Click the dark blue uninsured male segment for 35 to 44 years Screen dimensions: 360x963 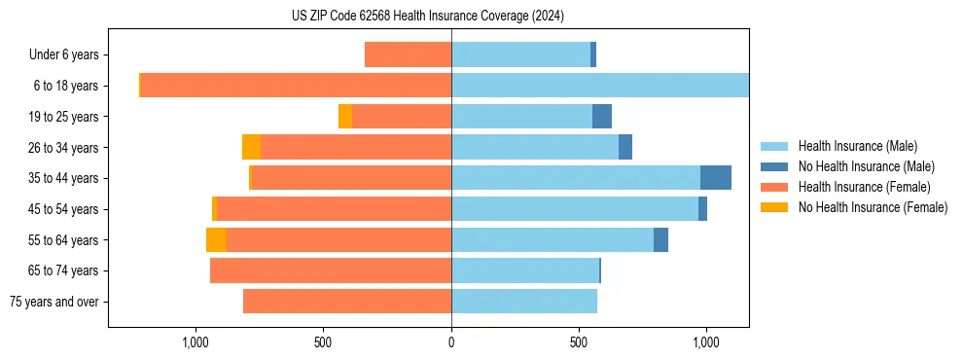click(x=715, y=178)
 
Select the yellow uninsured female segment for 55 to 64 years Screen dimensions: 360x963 click(x=216, y=240)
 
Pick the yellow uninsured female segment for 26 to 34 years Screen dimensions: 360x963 click(x=251, y=147)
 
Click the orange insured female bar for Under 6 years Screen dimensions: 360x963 click(x=408, y=54)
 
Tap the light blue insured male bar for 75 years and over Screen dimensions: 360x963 click(x=523, y=302)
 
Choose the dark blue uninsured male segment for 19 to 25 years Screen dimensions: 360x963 click(x=601, y=117)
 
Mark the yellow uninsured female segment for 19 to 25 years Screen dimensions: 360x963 click(x=345, y=117)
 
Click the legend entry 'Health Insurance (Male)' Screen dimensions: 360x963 click(x=857, y=146)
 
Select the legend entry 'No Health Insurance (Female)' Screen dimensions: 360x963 click(x=873, y=207)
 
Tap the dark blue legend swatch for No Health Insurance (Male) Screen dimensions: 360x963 click(x=774, y=166)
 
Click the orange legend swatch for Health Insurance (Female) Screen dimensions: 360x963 click(x=774, y=187)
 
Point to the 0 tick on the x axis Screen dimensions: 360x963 click(x=451, y=342)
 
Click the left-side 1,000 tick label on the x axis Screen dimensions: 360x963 click(x=196, y=342)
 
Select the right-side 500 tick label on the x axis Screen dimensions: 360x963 click(x=579, y=342)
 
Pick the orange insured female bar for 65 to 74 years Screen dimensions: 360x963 click(x=331, y=270)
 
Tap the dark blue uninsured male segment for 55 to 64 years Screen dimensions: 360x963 click(x=660, y=240)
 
